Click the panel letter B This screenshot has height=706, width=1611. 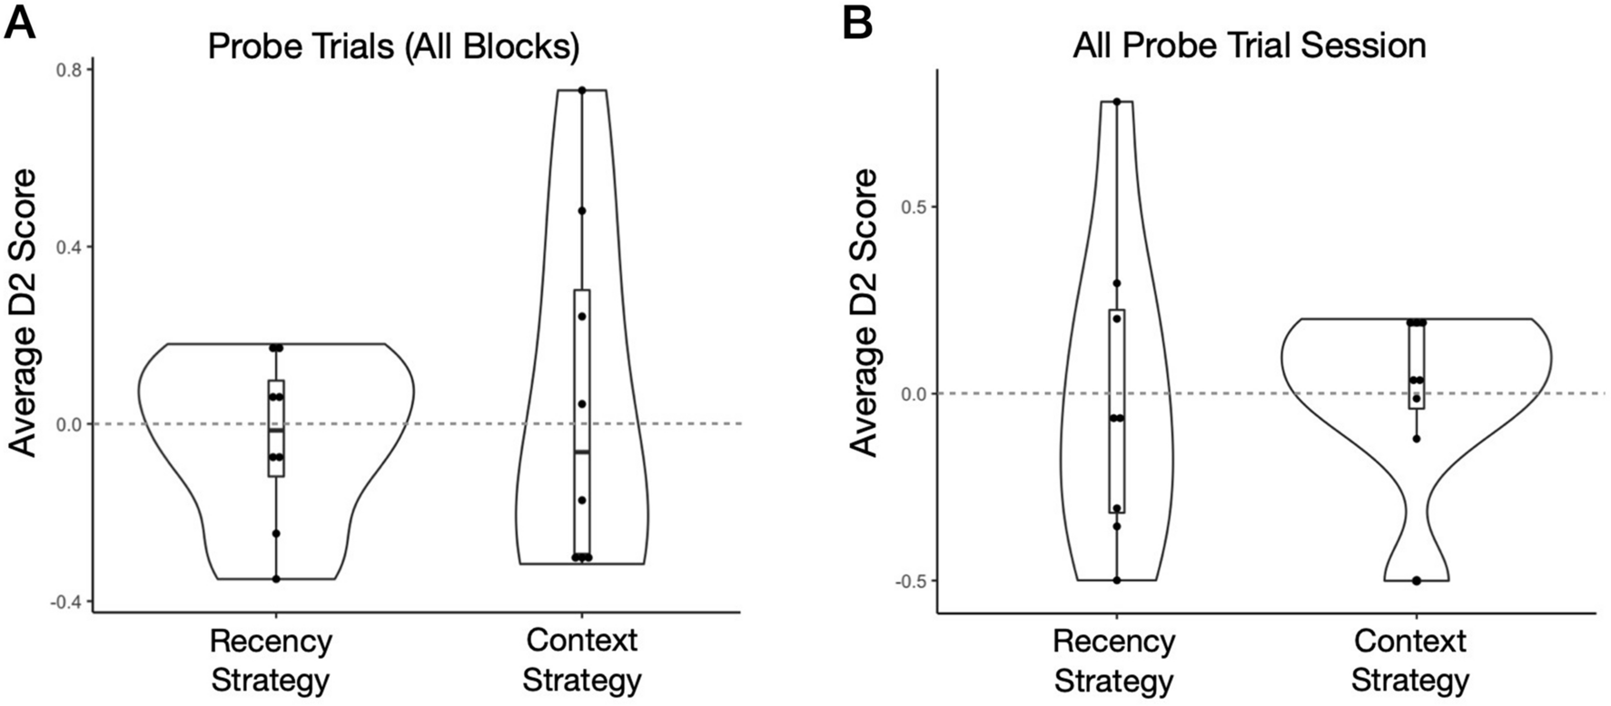(857, 23)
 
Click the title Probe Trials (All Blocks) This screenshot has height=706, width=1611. (393, 46)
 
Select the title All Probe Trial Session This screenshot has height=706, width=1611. (1249, 45)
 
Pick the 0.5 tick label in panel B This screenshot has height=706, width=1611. (913, 207)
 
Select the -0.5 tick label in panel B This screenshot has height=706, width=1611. (910, 581)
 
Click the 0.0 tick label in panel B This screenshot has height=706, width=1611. (913, 393)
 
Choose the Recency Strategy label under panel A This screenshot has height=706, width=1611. (271, 661)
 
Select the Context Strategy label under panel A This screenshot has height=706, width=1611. (582, 661)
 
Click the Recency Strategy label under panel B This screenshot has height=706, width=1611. (1114, 661)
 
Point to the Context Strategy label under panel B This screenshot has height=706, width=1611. (1410, 661)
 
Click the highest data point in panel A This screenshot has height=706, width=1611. (582, 90)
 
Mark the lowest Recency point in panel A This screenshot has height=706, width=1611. (276, 579)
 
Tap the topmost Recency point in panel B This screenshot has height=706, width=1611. (1117, 102)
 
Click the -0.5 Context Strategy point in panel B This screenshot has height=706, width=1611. (1416, 580)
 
